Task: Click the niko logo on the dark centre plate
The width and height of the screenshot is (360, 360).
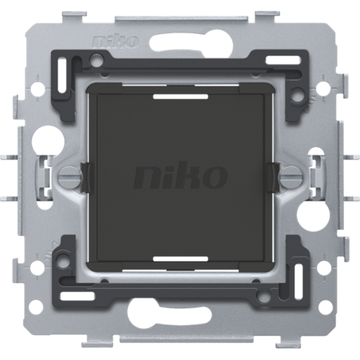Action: click(x=181, y=177)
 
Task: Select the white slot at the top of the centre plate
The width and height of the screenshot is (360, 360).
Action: click(x=180, y=96)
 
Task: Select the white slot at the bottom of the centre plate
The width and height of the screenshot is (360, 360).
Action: click(x=180, y=259)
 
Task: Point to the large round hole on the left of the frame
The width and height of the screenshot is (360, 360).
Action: click(x=48, y=139)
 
